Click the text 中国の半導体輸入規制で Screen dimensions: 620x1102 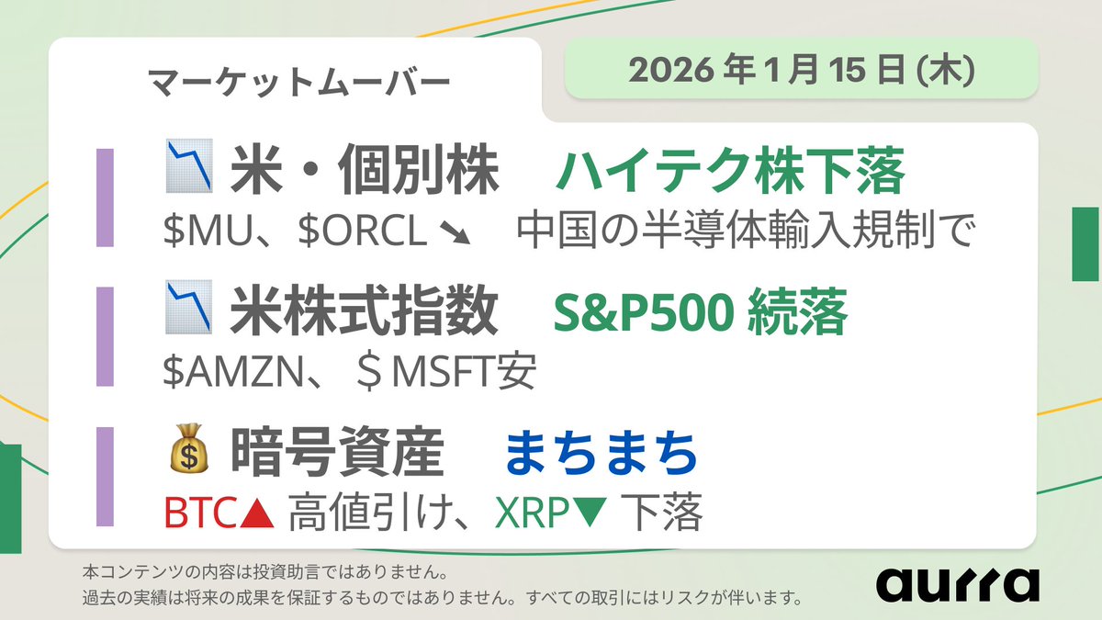coord(744,233)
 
